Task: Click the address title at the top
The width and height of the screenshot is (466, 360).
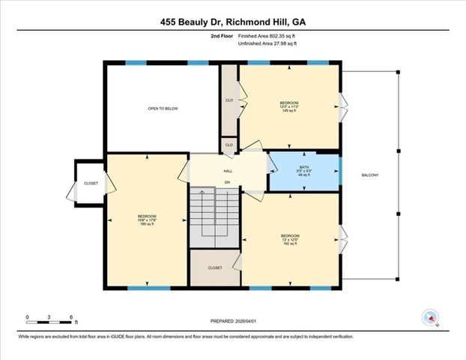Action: point(233,22)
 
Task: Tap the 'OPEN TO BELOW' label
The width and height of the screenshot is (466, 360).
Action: point(163,109)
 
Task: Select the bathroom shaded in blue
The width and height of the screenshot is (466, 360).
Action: point(303,172)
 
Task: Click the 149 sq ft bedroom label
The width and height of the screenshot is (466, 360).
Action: point(289,106)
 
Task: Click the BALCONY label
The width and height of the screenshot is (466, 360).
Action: point(370,175)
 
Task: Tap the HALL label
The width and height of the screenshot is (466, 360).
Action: point(227,171)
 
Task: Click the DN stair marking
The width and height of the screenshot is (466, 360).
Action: point(226,182)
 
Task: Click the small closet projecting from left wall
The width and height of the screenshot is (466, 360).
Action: point(90,183)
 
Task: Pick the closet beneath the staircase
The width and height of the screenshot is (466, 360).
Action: point(215,267)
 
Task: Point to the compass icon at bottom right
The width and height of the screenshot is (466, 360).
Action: point(430,318)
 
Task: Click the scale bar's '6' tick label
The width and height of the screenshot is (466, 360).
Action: point(70,317)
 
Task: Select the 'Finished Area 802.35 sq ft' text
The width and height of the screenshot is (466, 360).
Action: point(267,35)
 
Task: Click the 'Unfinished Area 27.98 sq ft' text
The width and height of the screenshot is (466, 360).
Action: point(267,44)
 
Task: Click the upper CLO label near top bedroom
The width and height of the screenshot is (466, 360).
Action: point(229,99)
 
